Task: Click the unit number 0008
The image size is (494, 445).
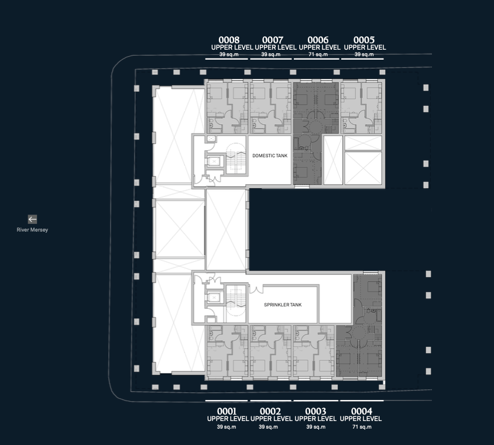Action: pyautogui.click(x=229, y=40)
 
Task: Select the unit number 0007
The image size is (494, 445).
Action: pyautogui.click(x=273, y=40)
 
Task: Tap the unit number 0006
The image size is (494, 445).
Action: pyautogui.click(x=318, y=40)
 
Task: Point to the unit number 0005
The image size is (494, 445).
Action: pyautogui.click(x=364, y=40)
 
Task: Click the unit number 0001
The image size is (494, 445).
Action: pyautogui.click(x=227, y=411)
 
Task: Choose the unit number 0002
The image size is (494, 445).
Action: pyautogui.click(x=270, y=411)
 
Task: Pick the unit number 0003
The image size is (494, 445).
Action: pyautogui.click(x=315, y=411)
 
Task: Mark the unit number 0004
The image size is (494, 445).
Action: pyautogui.click(x=362, y=411)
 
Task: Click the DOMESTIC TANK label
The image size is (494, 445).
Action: pyautogui.click(x=270, y=156)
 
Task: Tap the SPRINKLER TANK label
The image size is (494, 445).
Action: pyautogui.click(x=283, y=305)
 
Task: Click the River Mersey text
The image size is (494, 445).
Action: pyautogui.click(x=32, y=230)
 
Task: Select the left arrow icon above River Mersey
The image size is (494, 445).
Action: pyautogui.click(x=32, y=219)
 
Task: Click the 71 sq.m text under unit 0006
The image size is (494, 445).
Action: pyautogui.click(x=318, y=54)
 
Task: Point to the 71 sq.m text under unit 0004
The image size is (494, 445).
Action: pyautogui.click(x=362, y=427)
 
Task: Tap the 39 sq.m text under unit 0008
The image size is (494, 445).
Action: pyautogui.click(x=229, y=54)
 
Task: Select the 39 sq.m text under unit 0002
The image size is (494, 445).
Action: pyautogui.click(x=269, y=427)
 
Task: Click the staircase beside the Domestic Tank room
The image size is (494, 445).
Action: pyautogui.click(x=236, y=158)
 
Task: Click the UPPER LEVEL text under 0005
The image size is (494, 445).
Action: pyautogui.click(x=365, y=47)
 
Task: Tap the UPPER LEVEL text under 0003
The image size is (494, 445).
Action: pyautogui.click(x=315, y=419)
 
